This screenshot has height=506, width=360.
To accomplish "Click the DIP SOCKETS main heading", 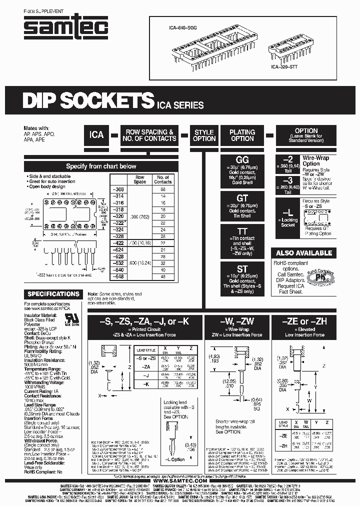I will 87,102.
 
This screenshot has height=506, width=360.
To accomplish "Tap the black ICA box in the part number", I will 96,135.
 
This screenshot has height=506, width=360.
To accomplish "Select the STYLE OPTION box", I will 204,135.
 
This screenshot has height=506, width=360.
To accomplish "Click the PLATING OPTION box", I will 242,135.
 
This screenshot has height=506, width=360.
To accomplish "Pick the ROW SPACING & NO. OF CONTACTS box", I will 149,135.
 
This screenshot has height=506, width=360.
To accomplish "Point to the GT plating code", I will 242,198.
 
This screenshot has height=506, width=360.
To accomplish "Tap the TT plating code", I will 242,231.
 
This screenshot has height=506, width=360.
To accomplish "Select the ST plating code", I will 242,269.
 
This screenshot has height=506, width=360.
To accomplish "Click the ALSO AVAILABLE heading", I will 303,253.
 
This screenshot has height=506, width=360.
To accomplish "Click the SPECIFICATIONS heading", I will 53,294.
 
